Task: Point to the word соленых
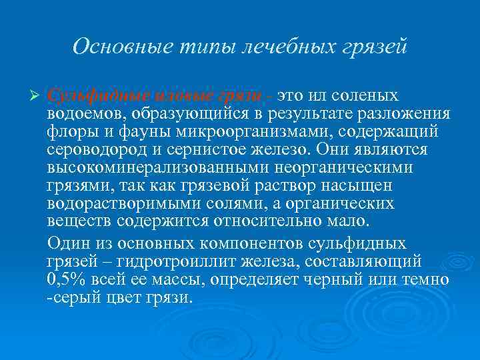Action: pos(369,96)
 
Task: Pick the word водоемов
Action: pos(80,113)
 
